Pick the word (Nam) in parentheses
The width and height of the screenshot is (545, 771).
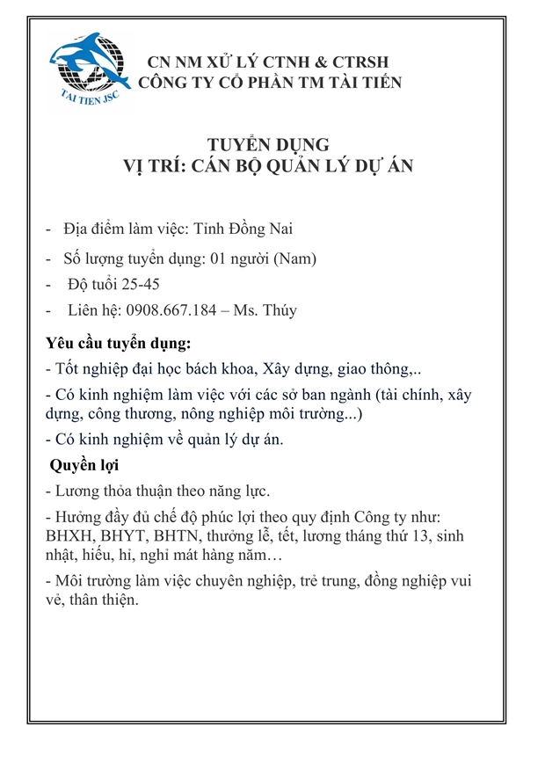[x=295, y=258]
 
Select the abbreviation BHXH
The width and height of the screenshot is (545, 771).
[x=71, y=536]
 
